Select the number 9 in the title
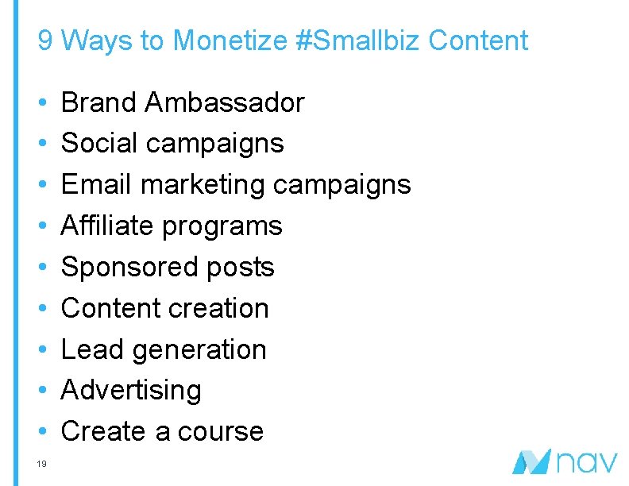[x=45, y=40]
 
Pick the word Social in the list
[x=99, y=144]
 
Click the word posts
[x=241, y=268]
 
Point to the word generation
[x=199, y=350]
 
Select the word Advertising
[x=131, y=391]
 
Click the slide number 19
[x=43, y=464]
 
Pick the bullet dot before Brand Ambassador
[x=42, y=103]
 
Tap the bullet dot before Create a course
[x=42, y=432]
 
